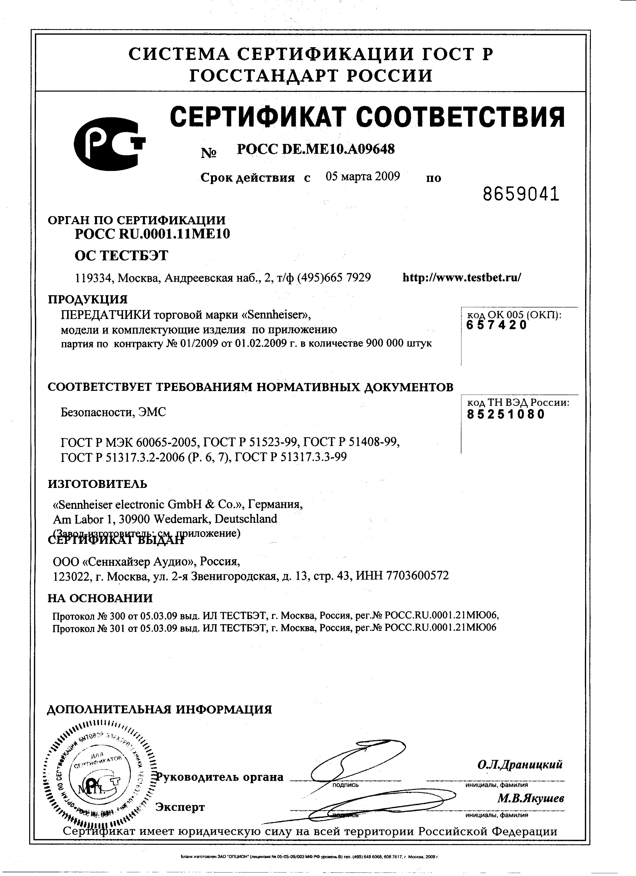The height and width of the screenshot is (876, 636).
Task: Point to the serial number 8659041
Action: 521,194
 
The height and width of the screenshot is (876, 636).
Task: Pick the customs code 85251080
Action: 506,415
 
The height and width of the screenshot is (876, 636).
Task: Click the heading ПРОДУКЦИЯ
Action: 88,299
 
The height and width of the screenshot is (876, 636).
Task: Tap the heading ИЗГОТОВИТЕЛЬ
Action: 97,484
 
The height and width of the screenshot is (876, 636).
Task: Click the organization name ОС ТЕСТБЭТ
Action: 121,256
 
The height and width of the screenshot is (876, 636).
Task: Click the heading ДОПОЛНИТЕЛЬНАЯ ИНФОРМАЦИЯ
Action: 159,710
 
